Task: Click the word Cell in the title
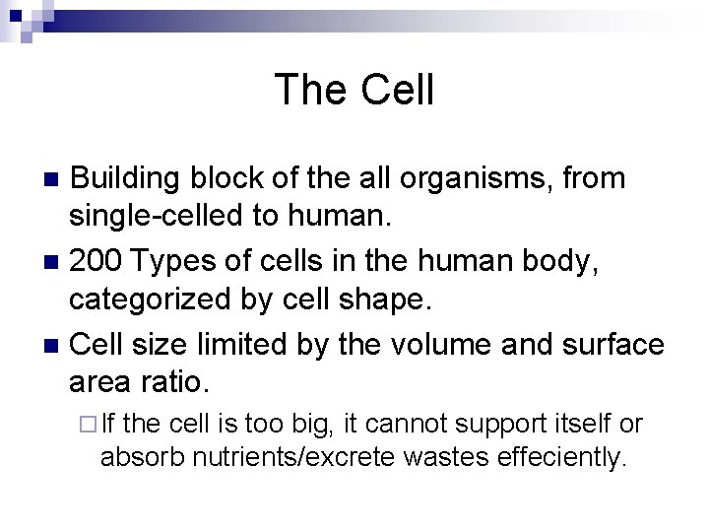(x=397, y=90)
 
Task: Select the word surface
(x=612, y=346)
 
